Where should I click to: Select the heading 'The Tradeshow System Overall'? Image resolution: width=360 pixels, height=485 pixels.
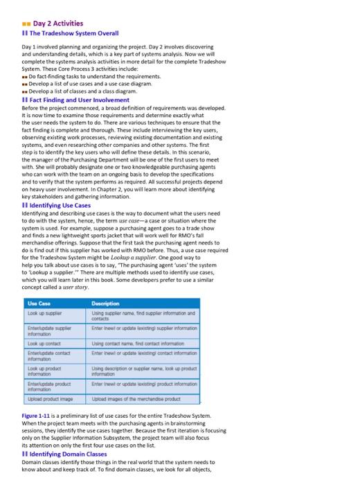71,33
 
